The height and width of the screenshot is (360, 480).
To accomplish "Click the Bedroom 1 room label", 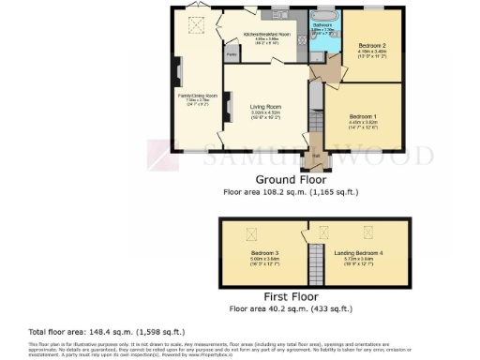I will (x=364, y=119).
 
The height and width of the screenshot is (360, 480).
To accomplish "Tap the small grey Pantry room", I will (x=231, y=54).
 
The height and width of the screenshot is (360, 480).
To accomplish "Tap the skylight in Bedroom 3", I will (x=250, y=234).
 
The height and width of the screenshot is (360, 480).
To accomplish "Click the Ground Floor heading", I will (x=291, y=177).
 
